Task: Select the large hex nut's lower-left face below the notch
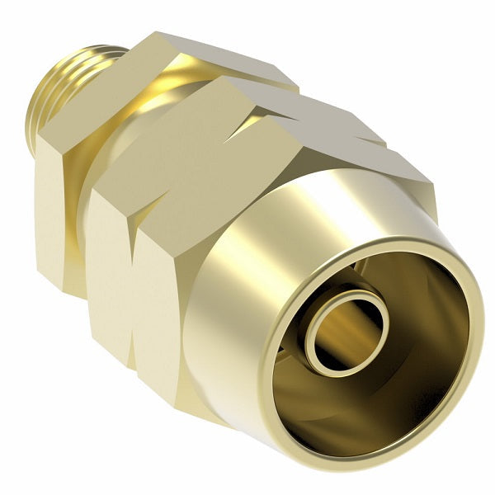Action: (x=165, y=330)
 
